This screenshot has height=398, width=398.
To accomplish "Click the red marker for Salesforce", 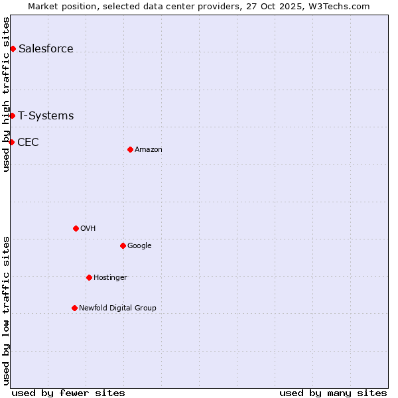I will click(x=13, y=48).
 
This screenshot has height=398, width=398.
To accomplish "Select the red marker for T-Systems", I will click(x=12, y=115).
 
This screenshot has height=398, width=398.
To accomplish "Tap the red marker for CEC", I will click(x=11, y=142).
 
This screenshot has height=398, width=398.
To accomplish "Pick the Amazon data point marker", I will click(x=130, y=149).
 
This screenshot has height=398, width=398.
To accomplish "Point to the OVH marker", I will click(x=76, y=228).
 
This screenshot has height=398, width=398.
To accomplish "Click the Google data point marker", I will click(x=123, y=245).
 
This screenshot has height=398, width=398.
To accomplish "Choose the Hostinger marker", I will click(x=89, y=277).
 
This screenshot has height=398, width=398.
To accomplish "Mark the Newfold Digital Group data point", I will click(x=74, y=308).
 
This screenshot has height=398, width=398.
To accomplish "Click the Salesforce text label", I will click(x=46, y=48).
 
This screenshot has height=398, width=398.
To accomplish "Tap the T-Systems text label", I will click(x=46, y=115).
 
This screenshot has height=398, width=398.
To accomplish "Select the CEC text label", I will click(x=28, y=142).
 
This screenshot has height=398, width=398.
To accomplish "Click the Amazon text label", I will click(x=149, y=149).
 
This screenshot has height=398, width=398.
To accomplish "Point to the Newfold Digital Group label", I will click(x=117, y=308).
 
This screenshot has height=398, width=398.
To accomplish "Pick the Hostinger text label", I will click(x=110, y=277).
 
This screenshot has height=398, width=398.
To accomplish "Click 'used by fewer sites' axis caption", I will click(x=68, y=393).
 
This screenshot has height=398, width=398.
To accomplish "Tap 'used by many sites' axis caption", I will click(x=333, y=393).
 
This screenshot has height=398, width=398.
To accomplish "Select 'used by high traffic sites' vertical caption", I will click(x=6, y=94).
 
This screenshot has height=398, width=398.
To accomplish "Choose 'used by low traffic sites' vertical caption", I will click(x=6, y=310).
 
